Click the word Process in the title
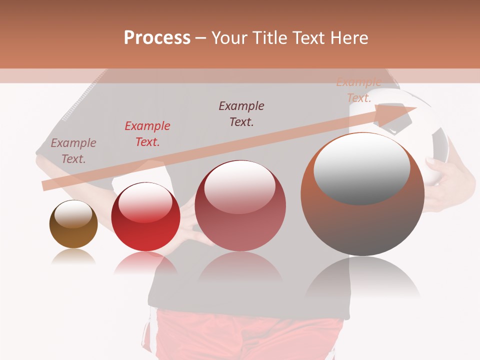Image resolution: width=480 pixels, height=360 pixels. click(157, 38)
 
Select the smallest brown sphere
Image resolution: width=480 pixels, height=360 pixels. click(73, 224)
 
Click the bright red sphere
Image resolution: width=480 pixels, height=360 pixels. click(145, 217)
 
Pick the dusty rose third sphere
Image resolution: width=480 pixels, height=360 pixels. click(240, 205)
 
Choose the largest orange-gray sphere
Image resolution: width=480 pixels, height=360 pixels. click(362, 194)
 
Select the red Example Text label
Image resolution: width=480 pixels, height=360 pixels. click(147, 134)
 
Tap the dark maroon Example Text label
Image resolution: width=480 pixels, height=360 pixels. click(241, 113)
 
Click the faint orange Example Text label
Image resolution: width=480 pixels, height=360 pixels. click(358, 90)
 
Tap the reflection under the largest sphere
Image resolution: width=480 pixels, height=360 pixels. click(362, 280)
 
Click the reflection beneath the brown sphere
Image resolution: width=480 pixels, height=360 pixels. click(73, 257)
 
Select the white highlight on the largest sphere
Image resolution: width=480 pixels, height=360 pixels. click(362, 167)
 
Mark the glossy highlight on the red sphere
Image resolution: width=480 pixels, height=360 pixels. click(145, 201)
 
